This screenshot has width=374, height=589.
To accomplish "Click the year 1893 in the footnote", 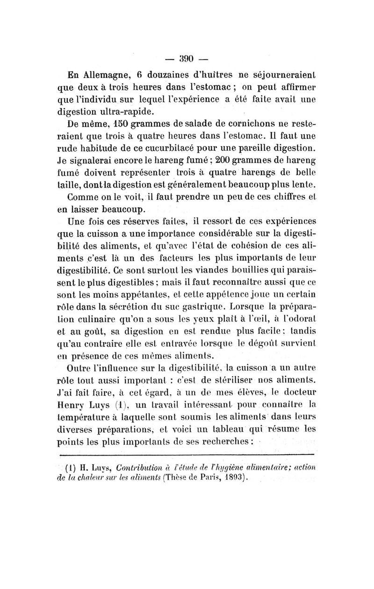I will pyautogui.click(x=231, y=477).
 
